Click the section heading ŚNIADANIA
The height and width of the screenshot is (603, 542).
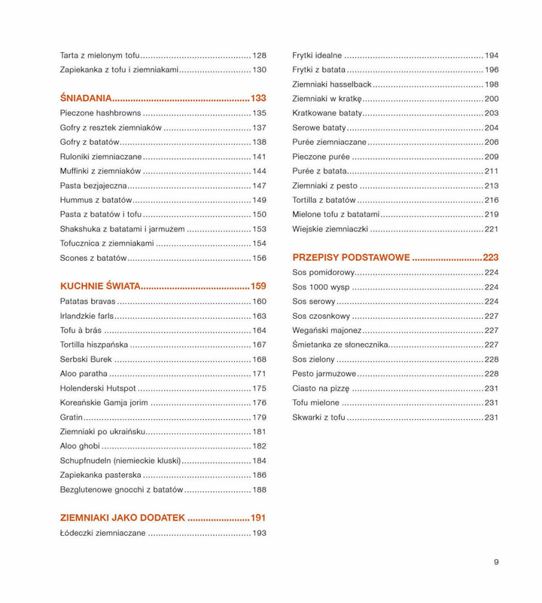(x=86, y=98)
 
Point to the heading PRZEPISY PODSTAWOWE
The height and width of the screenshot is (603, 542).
(x=351, y=257)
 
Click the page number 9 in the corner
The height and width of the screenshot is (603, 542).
(x=497, y=561)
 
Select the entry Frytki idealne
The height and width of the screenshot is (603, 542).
(x=317, y=56)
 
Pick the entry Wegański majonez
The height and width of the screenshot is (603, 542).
(x=327, y=330)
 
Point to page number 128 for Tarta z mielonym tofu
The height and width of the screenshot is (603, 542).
(x=259, y=56)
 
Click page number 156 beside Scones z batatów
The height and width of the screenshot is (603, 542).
(x=259, y=258)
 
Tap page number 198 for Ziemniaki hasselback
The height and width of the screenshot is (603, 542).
(x=492, y=84)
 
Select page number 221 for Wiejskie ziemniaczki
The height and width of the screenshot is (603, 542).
(x=492, y=228)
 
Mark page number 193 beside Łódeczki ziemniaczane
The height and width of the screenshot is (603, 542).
(x=259, y=534)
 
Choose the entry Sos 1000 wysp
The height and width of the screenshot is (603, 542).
(x=320, y=287)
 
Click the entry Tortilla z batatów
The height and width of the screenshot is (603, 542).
(x=324, y=200)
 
